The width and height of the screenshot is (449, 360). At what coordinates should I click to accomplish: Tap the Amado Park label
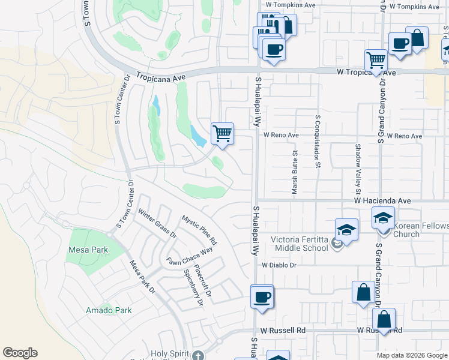point(109,310)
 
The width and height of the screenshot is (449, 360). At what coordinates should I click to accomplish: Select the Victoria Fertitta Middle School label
point(300,243)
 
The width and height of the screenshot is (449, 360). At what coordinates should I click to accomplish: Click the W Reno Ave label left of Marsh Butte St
point(280,136)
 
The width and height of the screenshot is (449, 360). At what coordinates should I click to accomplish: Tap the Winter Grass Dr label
point(157,223)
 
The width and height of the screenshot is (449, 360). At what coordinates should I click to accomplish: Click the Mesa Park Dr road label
point(142,276)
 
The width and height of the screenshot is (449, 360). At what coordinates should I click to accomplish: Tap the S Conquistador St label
point(315,145)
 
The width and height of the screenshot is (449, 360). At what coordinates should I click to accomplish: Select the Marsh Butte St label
point(295,176)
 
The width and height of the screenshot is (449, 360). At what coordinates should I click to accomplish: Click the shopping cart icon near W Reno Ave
point(222,133)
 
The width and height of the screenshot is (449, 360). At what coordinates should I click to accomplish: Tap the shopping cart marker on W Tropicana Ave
point(376,60)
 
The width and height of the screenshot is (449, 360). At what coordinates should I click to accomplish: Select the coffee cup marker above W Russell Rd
point(262,296)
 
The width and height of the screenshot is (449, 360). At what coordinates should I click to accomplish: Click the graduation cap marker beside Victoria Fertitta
point(346,230)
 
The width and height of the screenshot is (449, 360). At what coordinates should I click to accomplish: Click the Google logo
point(20,353)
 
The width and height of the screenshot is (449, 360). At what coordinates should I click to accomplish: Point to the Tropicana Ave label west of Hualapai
point(161,77)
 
